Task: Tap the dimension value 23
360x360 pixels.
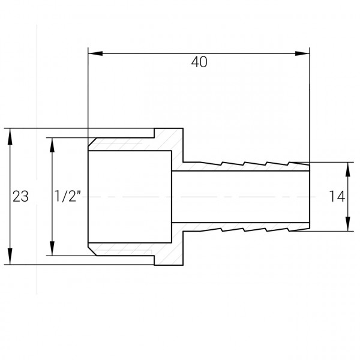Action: tap(20, 197)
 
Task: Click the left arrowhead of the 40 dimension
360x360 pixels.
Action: tap(94, 54)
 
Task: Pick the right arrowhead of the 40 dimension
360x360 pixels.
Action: tap(305, 54)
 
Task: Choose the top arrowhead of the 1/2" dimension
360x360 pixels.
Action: tap(53, 142)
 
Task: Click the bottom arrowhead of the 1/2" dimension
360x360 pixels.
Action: tap(53, 250)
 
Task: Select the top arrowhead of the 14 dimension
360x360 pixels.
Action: tap(347, 167)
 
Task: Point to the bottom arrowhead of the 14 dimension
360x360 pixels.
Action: tap(347, 226)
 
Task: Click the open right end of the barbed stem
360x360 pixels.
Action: tap(310, 197)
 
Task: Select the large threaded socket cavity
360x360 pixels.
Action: tap(129, 197)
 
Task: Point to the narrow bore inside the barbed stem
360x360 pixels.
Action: tap(240, 197)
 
